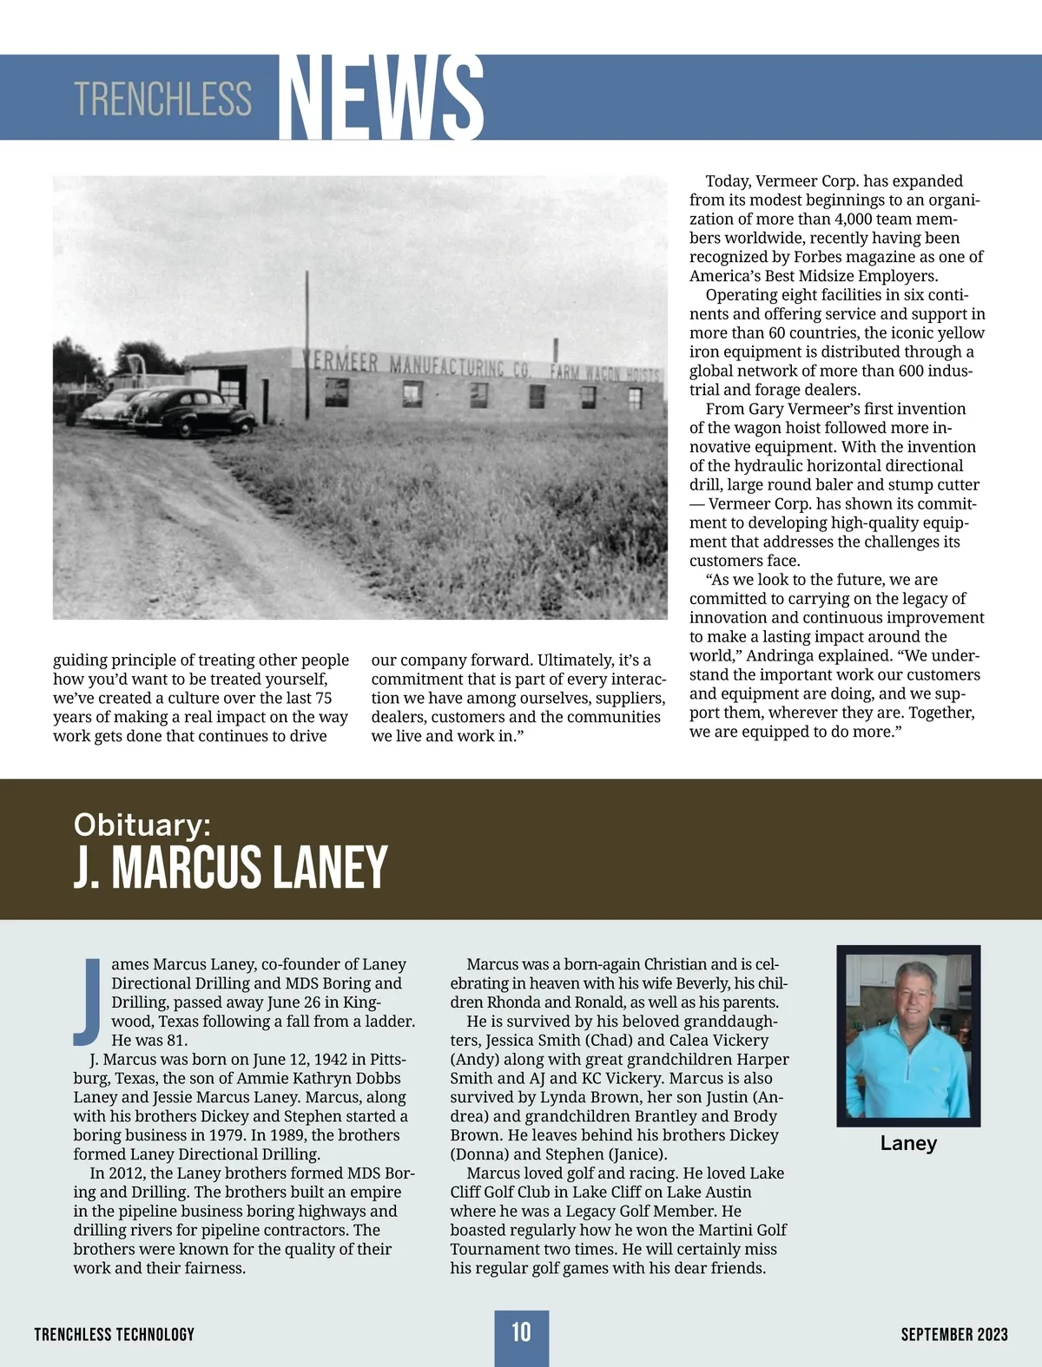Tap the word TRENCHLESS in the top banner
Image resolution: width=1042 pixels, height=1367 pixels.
click(162, 99)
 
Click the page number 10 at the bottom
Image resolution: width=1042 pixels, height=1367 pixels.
click(521, 1332)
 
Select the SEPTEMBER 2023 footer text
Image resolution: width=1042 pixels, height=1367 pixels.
click(954, 1334)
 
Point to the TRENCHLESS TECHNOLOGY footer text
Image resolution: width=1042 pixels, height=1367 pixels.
click(115, 1334)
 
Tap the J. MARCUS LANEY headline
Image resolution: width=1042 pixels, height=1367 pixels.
click(230, 867)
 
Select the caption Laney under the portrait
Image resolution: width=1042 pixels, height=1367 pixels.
click(908, 1143)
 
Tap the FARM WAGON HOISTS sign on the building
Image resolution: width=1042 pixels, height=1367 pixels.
click(605, 373)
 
